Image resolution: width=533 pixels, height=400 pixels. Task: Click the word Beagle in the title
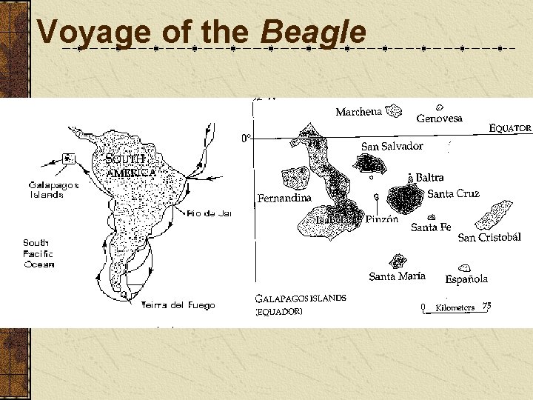pos(314,33)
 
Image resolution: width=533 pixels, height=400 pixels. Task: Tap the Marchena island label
pos(358,112)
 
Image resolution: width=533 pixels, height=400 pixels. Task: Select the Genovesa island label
pos(439,119)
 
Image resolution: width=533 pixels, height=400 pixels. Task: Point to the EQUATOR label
pos(510,128)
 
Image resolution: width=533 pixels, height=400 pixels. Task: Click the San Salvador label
pos(392,147)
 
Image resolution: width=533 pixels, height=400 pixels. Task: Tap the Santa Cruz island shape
pos(404,198)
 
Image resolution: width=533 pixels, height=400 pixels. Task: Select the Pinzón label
pos(381,219)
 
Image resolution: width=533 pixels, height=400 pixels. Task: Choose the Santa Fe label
pos(431,227)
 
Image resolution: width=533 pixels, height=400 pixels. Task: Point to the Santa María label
pos(397,276)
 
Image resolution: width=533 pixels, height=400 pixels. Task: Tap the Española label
pos(466,279)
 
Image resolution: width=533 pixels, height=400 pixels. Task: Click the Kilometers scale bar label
pos(455,307)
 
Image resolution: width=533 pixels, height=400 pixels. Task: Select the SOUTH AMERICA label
pos(130,166)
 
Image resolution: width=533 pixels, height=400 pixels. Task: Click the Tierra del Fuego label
pos(178,304)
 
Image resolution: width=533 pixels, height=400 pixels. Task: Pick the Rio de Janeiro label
pos(209,213)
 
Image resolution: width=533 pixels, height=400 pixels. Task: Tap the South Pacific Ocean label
pos(38,253)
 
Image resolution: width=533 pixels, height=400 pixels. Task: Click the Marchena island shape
pos(392,111)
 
